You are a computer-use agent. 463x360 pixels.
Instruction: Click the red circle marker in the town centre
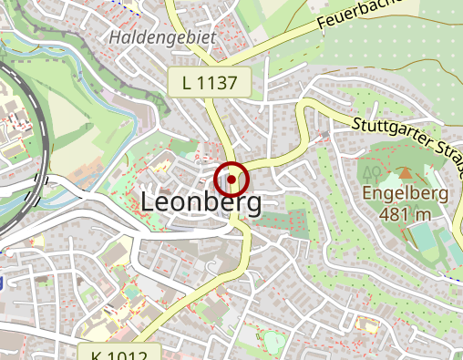coord(231,179)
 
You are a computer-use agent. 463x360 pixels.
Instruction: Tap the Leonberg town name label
coord(201,203)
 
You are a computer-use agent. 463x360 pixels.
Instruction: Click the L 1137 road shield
coord(209,84)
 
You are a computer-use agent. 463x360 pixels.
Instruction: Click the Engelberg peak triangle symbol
coord(406,172)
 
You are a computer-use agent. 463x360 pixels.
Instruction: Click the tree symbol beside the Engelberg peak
coord(372,171)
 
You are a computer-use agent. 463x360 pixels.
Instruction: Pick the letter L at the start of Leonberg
coord(149,203)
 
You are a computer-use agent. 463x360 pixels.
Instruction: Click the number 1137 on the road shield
coord(221,84)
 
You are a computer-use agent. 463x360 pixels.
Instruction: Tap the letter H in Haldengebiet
coord(114,38)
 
